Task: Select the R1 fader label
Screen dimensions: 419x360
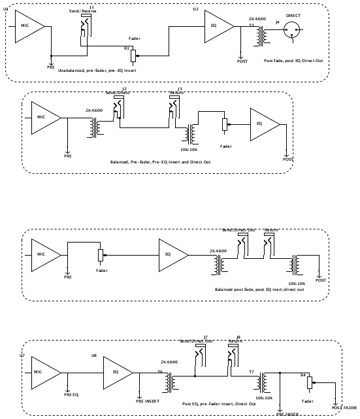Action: tap(127, 48)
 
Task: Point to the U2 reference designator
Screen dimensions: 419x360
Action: tap(195, 10)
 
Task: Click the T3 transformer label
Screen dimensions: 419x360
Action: tap(250, 25)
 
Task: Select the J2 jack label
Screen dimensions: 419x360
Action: tap(124, 88)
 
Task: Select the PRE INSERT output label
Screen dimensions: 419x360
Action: tap(148, 400)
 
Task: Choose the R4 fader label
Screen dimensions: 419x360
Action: tap(303, 375)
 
